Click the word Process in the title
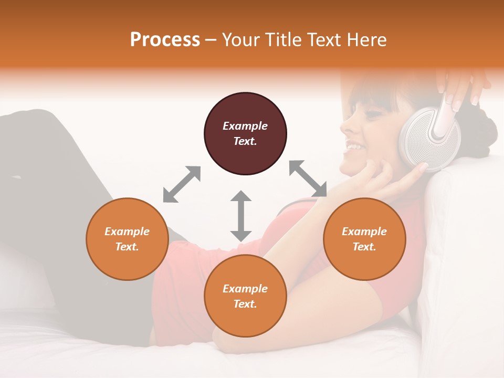point(165,40)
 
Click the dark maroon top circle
point(245,133)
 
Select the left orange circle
point(127,239)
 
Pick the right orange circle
point(364,239)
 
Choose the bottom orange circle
point(245,296)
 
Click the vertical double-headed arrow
point(241,216)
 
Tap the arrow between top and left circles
point(182,184)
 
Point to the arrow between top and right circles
point(308,179)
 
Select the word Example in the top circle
point(245,126)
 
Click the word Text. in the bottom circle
point(245,304)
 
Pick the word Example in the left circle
point(127,232)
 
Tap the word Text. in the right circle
point(364,247)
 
